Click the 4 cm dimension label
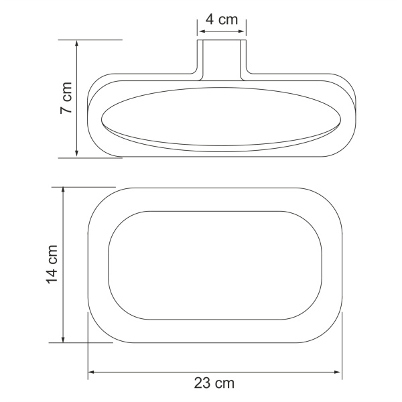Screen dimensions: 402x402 (222, 19)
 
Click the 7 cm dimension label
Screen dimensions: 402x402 (66, 98)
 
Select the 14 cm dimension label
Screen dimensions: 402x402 (53, 264)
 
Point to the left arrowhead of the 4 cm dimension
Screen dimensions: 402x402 (200, 31)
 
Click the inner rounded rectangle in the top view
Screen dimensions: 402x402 (215, 265)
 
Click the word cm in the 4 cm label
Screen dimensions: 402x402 (229, 19)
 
